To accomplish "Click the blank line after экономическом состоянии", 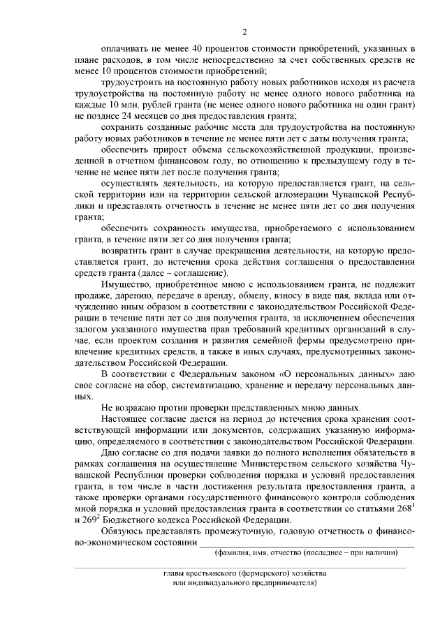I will [307, 543].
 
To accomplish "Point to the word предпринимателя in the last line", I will [281, 582].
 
